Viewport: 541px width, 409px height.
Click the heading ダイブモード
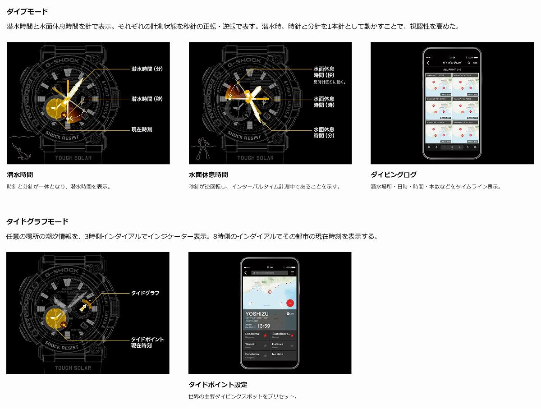[27, 11]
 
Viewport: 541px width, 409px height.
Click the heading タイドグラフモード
[37, 221]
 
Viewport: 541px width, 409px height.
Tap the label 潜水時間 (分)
[147, 69]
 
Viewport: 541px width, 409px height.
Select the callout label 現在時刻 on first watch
[142, 129]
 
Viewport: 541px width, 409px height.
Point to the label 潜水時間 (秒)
[147, 99]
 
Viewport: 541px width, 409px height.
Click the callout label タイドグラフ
[145, 293]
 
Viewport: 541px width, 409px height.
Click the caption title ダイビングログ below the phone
[394, 175]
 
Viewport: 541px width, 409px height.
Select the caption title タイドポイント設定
[218, 385]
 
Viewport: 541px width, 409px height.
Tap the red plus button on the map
[290, 303]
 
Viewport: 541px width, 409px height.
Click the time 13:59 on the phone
[264, 326]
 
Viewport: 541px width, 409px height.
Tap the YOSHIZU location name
[257, 313]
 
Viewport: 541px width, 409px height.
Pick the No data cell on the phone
[278, 354]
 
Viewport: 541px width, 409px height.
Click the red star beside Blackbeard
[292, 335]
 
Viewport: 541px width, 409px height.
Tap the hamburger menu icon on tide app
[292, 273]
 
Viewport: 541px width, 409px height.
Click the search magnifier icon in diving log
[469, 63]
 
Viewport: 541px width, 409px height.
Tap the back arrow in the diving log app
[428, 63]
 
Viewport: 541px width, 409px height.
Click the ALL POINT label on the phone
[449, 70]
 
